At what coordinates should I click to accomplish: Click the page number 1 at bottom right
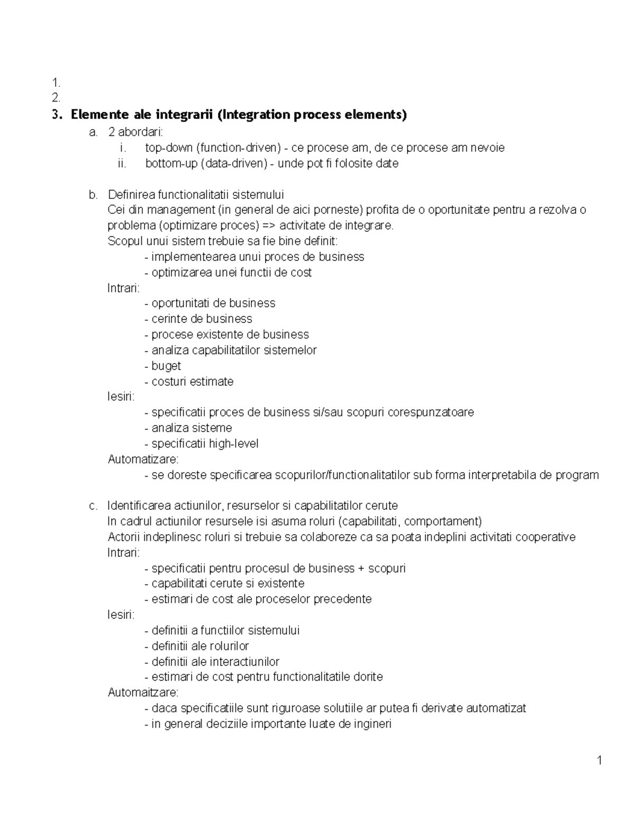coord(600,761)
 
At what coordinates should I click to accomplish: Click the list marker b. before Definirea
coord(94,195)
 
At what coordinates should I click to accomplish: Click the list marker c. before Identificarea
coord(94,505)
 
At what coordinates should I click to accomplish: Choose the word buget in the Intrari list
coord(166,366)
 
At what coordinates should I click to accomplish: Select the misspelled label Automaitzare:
coord(143,692)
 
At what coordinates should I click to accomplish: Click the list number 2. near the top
coord(56,97)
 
